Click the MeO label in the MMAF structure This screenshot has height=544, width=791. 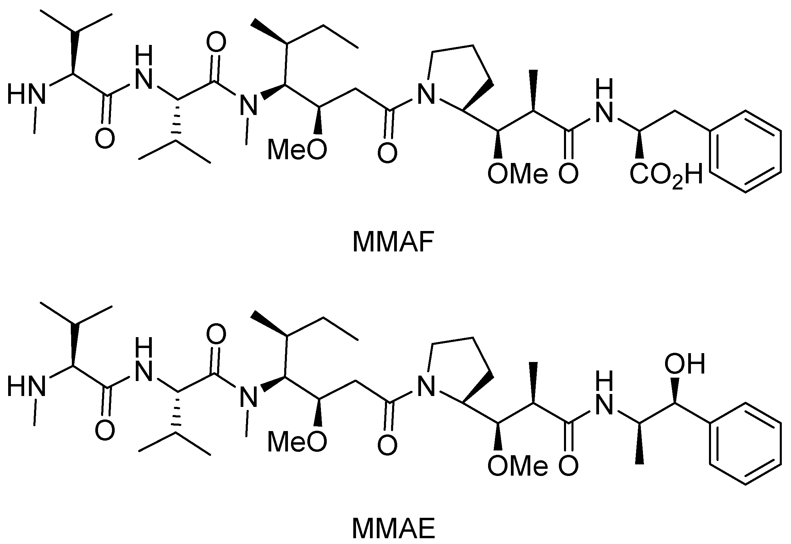pyautogui.click(x=297, y=150)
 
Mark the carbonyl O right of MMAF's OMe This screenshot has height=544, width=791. pyautogui.click(x=568, y=174)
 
